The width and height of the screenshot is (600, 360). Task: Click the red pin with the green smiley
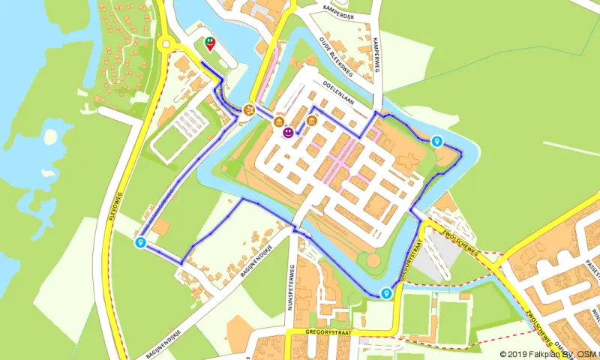(x=210, y=43)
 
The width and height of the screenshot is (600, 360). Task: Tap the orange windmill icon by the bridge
(x=250, y=110)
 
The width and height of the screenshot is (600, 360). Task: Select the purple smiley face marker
(x=288, y=133)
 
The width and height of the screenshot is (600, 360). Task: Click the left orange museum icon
(x=279, y=122)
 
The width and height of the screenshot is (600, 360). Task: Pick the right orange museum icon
(x=311, y=120)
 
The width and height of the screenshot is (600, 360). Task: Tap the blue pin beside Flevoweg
(x=140, y=243)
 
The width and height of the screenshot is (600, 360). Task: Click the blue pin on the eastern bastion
(x=436, y=140)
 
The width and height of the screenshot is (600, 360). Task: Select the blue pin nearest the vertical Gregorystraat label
(x=385, y=293)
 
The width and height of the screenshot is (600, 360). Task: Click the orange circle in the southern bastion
(x=372, y=260)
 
